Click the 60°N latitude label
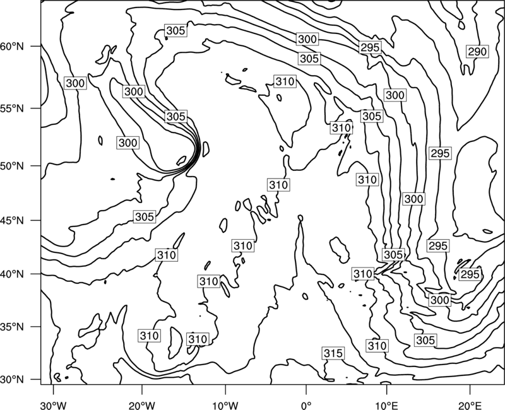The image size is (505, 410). [12, 47]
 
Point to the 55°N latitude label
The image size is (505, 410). [12, 108]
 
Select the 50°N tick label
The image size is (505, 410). [12, 166]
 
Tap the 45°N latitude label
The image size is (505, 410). [12, 221]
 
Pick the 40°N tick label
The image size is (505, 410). [12, 274]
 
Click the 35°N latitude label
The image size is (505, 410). [12, 327]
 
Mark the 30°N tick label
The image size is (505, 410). [12, 380]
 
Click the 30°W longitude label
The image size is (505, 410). [54, 406]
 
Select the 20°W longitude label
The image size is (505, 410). [142, 406]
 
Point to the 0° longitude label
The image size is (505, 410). [306, 406]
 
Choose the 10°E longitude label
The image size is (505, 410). [386, 406]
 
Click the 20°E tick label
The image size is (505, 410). [470, 406]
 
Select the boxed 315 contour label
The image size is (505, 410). [333, 353]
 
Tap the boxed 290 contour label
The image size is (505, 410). [477, 52]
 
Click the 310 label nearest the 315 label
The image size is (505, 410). [377, 346]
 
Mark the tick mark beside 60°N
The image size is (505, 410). [35, 46]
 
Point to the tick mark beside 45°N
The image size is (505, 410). [35, 220]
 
